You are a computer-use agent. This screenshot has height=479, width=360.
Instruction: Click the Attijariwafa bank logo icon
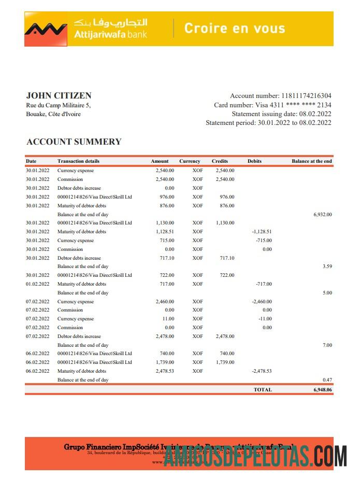(x=46, y=29)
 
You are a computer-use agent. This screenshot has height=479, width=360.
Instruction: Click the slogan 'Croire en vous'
(x=235, y=28)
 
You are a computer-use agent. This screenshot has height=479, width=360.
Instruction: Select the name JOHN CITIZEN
(x=59, y=95)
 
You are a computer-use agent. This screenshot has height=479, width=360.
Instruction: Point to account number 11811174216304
(x=306, y=96)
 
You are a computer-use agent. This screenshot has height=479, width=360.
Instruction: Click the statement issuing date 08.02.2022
(x=314, y=114)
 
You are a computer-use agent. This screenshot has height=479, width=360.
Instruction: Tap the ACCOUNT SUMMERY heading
(x=74, y=142)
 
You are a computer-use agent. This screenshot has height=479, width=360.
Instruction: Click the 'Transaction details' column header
(x=78, y=161)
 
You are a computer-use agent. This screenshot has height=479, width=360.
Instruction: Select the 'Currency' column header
(x=190, y=161)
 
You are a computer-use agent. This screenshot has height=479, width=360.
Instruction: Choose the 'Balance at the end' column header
(x=311, y=161)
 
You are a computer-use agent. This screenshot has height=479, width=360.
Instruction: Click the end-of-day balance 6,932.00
(x=322, y=214)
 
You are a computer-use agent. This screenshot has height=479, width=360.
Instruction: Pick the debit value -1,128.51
(x=262, y=232)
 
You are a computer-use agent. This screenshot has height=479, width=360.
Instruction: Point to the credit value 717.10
(x=226, y=258)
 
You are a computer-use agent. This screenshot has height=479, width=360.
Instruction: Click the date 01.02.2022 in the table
(x=37, y=284)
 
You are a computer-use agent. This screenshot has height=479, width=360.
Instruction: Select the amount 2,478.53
(x=165, y=371)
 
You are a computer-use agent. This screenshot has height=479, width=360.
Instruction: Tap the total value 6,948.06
(x=322, y=389)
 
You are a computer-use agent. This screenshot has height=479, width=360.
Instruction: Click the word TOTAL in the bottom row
(x=262, y=389)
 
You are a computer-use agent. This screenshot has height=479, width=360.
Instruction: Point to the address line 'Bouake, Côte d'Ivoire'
(x=53, y=114)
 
